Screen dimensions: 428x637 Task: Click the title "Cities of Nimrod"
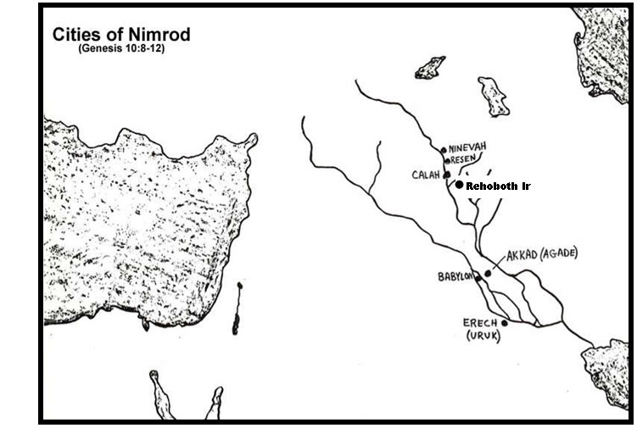[x=121, y=35]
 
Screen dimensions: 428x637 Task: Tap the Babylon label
[x=455, y=276]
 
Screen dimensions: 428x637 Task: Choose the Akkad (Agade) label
[x=541, y=254]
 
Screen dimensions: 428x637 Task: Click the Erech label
[x=480, y=323]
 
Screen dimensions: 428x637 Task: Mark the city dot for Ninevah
[x=444, y=150]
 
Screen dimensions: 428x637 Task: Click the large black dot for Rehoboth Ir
[x=459, y=185]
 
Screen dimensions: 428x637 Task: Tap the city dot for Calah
[x=446, y=175]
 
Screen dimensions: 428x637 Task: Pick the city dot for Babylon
[x=478, y=277]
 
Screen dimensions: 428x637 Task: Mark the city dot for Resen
[x=446, y=159]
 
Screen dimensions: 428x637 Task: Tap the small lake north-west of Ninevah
[x=430, y=67]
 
